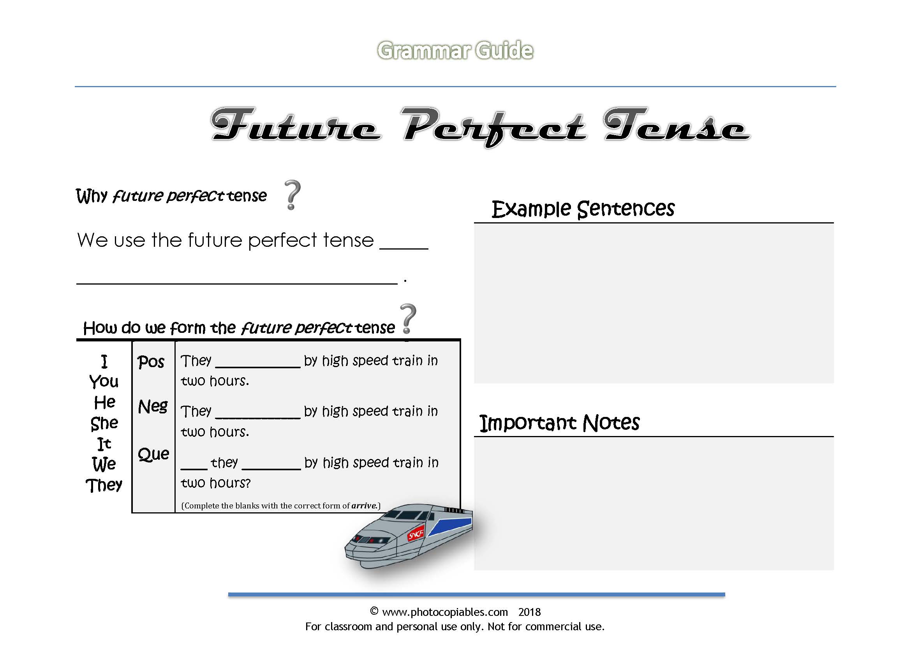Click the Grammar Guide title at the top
coord(455,51)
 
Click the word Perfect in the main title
coord(493,125)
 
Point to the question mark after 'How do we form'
coord(408,319)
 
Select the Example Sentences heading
coord(583,209)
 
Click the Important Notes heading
coord(559,423)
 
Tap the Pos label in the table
coord(151,362)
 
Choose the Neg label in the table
coord(153,407)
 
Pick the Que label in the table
coord(153,454)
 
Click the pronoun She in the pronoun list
coord(104,423)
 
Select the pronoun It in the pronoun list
coord(104,444)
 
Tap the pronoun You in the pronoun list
coord(104,382)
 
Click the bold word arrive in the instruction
coord(364,506)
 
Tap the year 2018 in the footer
coord(529,612)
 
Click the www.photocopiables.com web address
coord(445,612)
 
